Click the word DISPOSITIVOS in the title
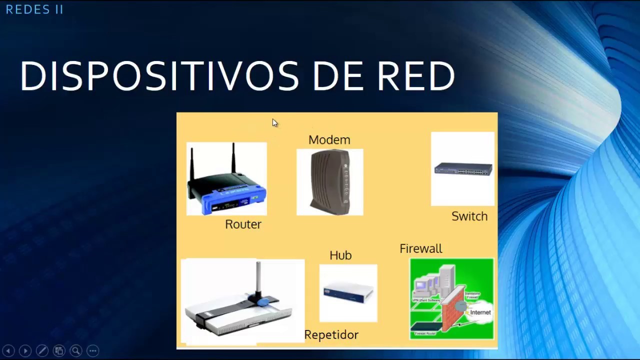pyautogui.click(x=159, y=76)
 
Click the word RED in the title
pyautogui.click(x=415, y=76)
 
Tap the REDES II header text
pyautogui.click(x=34, y=9)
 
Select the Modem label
pyautogui.click(x=329, y=140)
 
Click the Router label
pyautogui.click(x=243, y=224)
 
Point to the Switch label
pyautogui.click(x=469, y=216)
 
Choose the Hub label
pyautogui.click(x=340, y=255)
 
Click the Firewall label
pyautogui.click(x=420, y=249)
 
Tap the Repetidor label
pyautogui.click(x=331, y=335)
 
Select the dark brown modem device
pyautogui.click(x=330, y=182)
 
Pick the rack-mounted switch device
pyautogui.click(x=463, y=169)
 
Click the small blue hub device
pyautogui.click(x=348, y=292)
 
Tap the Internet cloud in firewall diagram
pyautogui.click(x=480, y=312)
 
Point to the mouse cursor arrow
pyautogui.click(x=274, y=123)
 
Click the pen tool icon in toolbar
pyautogui.click(x=42, y=351)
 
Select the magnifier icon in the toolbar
pyautogui.click(x=75, y=351)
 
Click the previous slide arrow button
pyautogui.click(x=8, y=351)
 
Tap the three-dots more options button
pyautogui.click(x=93, y=351)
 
